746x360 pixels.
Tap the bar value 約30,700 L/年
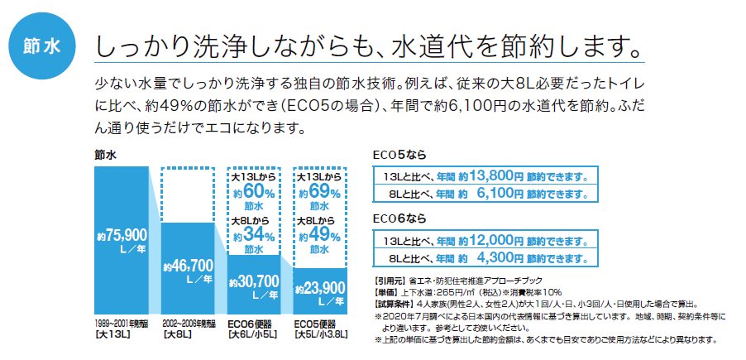click(257, 286)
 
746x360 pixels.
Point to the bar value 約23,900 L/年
click(320, 290)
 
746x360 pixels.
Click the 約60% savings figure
click(253, 192)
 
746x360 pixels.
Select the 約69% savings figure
click(320, 192)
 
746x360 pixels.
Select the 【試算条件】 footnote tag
click(391, 303)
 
